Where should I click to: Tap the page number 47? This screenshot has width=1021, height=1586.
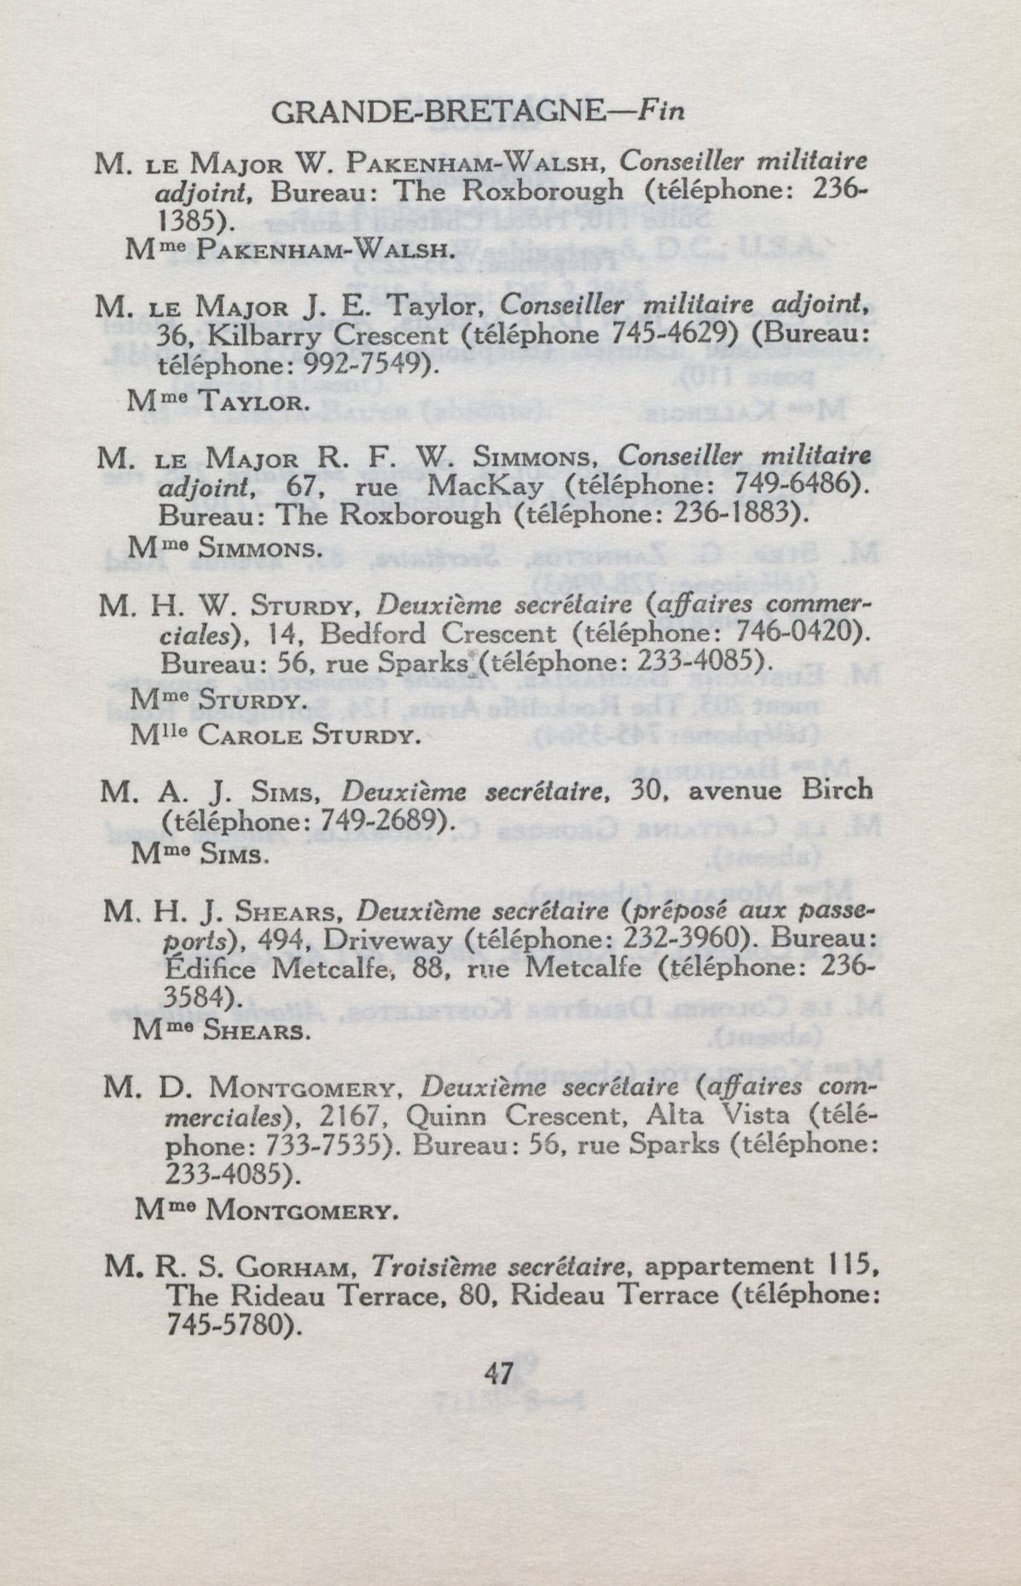(497, 1373)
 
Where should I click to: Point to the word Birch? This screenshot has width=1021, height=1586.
(838, 790)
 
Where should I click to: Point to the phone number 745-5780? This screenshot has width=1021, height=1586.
(230, 1325)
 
